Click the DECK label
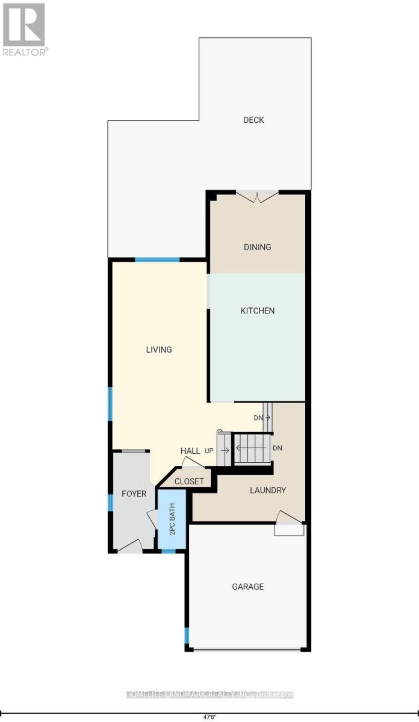click(x=253, y=120)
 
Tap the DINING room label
click(x=258, y=247)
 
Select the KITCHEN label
click(x=258, y=310)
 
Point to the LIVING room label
click(x=159, y=350)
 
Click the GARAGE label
click(x=247, y=587)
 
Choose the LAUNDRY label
click(x=268, y=490)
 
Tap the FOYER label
click(x=134, y=494)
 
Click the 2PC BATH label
click(x=172, y=519)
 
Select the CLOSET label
click(x=189, y=481)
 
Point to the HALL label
click(x=190, y=451)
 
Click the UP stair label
click(x=209, y=451)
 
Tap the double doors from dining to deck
click(x=257, y=196)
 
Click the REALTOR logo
click(x=25, y=29)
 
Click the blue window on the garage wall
click(x=187, y=635)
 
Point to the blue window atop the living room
click(x=157, y=260)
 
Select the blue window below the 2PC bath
click(x=169, y=551)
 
